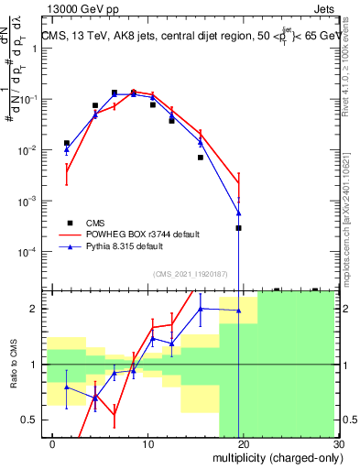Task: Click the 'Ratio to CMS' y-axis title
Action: pyautogui.click(x=12, y=365)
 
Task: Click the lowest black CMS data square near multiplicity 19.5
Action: pyautogui.click(x=238, y=227)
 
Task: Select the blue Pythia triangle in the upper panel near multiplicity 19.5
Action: pyautogui.click(x=238, y=213)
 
